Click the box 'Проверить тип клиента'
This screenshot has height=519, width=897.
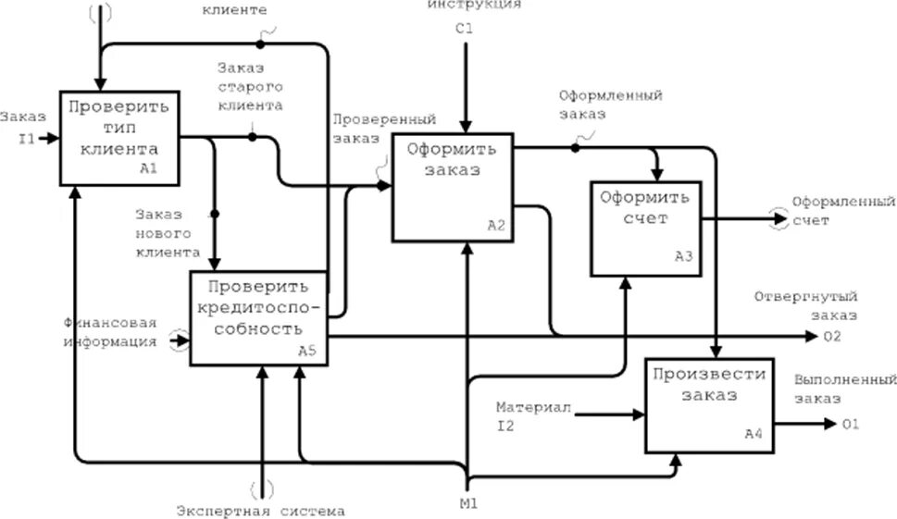click(x=118, y=136)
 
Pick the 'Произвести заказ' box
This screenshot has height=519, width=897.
click(x=710, y=404)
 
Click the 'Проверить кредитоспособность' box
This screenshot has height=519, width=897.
click(x=258, y=317)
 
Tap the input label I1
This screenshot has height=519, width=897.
click(x=27, y=140)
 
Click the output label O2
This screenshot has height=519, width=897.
click(x=832, y=336)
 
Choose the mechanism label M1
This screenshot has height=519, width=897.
click(x=468, y=504)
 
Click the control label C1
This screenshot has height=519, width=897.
click(x=464, y=29)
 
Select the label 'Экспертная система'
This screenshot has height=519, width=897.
click(x=261, y=511)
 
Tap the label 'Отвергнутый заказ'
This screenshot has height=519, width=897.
click(x=805, y=306)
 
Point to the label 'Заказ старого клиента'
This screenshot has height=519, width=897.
click(x=250, y=86)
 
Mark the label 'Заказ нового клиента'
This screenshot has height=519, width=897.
click(x=167, y=231)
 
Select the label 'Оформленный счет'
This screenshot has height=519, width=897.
click(x=842, y=210)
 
